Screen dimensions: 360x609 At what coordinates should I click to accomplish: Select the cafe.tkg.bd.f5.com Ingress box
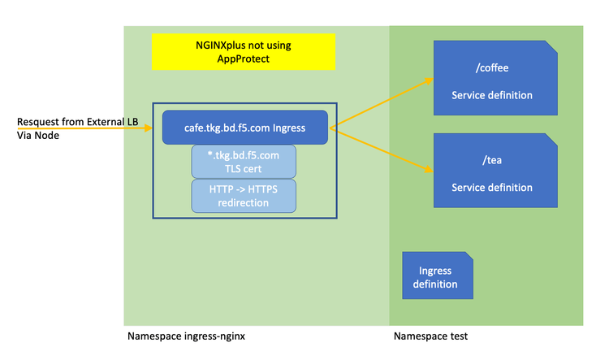pyautogui.click(x=244, y=127)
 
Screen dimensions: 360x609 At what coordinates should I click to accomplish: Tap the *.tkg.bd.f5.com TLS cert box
pyautogui.click(x=244, y=161)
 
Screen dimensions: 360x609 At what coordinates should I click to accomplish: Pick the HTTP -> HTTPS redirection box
pyautogui.click(x=244, y=195)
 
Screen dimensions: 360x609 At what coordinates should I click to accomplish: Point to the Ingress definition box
pyautogui.click(x=438, y=275)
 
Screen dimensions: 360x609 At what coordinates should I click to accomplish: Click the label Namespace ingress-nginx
pyautogui.click(x=186, y=336)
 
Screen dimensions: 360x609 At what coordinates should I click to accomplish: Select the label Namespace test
pyautogui.click(x=430, y=336)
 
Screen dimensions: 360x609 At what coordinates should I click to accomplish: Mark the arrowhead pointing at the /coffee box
pyautogui.click(x=429, y=80)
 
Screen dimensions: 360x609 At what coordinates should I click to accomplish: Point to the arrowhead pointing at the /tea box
pyautogui.click(x=428, y=171)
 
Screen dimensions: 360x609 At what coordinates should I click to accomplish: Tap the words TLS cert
pyautogui.click(x=244, y=168)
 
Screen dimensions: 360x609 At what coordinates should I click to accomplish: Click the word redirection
pyautogui.click(x=244, y=202)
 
